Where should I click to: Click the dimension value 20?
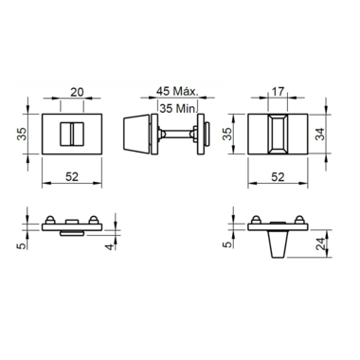[x=77, y=92]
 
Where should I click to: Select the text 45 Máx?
[x=177, y=91]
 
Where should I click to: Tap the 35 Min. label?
[x=178, y=108]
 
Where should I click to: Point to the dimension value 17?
[x=278, y=92]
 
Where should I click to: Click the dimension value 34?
[x=320, y=134]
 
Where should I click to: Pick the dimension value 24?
[x=321, y=243]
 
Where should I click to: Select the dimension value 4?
[x=109, y=246]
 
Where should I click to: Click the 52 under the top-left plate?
[x=72, y=177]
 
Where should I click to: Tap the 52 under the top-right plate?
[x=278, y=177]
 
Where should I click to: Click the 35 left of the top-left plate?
[x=22, y=134]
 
